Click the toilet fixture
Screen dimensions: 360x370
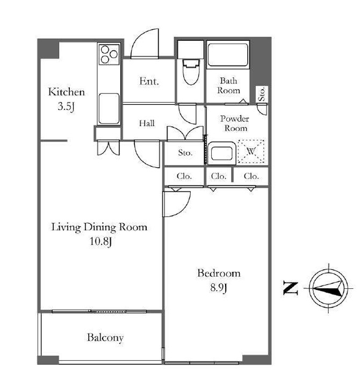pos(191,72)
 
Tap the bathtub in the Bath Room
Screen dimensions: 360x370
pos(228,55)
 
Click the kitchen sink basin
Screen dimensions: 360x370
pos(109,108)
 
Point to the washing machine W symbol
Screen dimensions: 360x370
pos(251,151)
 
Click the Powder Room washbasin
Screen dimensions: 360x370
pos(222,153)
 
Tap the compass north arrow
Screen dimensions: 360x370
pos(328,288)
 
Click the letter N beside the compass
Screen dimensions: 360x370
pos(291,288)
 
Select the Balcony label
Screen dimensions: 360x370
pos(105,337)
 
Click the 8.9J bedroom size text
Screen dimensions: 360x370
pos(219,288)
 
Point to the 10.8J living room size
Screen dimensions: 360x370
pos(100,241)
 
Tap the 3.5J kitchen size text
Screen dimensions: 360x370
pos(66,106)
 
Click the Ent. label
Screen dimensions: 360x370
pos(149,81)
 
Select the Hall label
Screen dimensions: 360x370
pos(147,123)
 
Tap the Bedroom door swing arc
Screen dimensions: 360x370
pos(177,204)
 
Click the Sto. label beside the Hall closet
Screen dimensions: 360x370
pos(185,153)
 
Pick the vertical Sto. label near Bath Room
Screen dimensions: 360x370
pos(262,94)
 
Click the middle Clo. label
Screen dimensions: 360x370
pos(219,176)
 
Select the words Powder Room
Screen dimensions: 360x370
pos(235,123)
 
